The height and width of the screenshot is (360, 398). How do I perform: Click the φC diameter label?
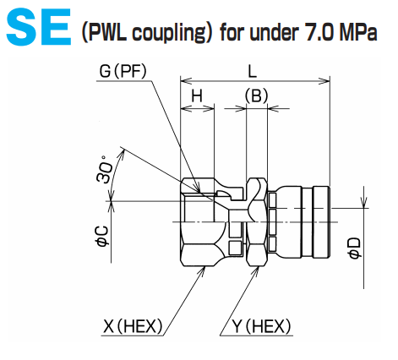[101, 234]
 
